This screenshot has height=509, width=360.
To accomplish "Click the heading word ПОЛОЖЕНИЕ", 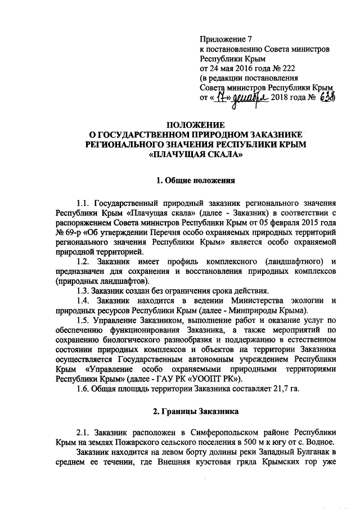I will (195, 124).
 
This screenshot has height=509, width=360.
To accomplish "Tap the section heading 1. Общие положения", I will (195, 181).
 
